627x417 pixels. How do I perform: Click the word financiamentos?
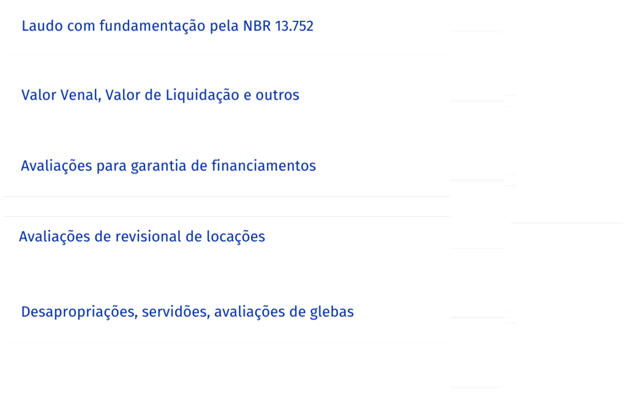[x=263, y=166]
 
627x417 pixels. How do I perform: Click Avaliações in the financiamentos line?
[x=56, y=166]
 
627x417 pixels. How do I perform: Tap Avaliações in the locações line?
[x=54, y=237]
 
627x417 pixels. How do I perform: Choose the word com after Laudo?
[x=81, y=26]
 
